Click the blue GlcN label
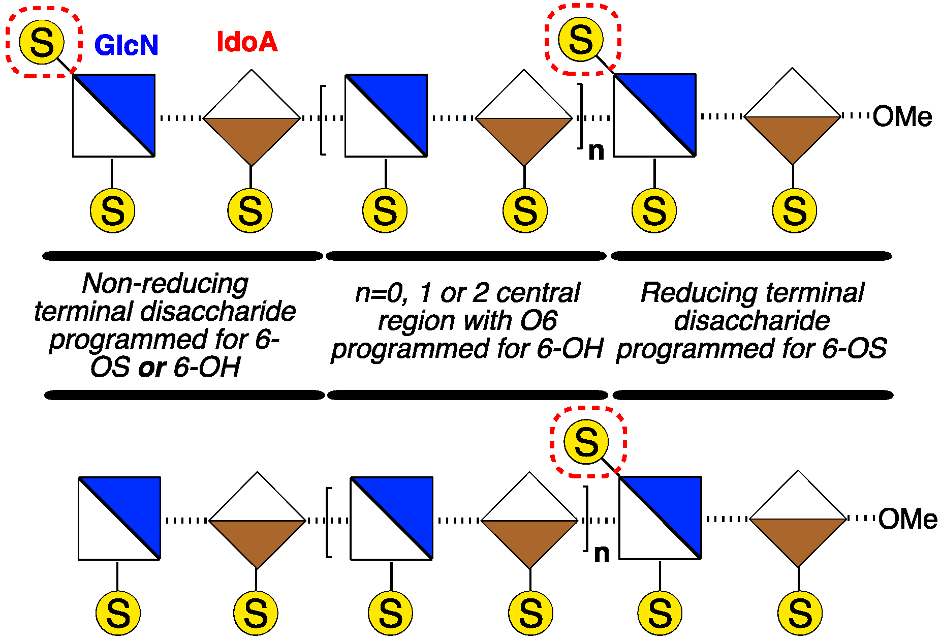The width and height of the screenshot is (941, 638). [x=127, y=45]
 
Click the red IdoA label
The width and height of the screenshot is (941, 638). [x=247, y=42]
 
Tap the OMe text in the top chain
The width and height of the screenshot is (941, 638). [x=902, y=116]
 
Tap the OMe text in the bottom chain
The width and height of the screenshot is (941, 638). [x=907, y=519]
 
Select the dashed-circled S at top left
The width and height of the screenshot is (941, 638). [x=42, y=42]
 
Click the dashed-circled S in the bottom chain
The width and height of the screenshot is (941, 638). [x=586, y=441]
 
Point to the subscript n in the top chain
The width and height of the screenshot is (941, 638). [x=597, y=151]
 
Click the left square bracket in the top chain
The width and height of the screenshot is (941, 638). [x=323, y=120]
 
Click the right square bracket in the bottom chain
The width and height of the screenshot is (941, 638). [x=586, y=519]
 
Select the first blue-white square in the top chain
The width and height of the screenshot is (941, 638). [x=114, y=115]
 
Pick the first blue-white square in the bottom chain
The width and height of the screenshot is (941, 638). [x=119, y=518]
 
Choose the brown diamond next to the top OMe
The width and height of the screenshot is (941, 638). [x=793, y=116]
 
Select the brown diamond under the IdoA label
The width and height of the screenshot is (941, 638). [x=252, y=118]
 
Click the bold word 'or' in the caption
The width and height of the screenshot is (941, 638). [x=152, y=368]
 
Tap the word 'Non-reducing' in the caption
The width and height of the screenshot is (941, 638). [x=165, y=283]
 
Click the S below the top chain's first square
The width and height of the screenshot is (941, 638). [x=112, y=210]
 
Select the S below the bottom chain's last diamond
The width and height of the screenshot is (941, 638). [x=800, y=613]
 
